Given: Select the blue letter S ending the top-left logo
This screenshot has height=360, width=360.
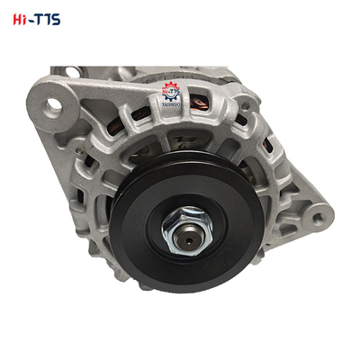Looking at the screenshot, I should (x=55, y=18).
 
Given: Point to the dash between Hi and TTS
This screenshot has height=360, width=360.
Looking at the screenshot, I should (x=28, y=19).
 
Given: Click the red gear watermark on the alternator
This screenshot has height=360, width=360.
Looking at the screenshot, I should (x=172, y=91).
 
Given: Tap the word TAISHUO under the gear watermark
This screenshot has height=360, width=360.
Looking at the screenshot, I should (x=172, y=105).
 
